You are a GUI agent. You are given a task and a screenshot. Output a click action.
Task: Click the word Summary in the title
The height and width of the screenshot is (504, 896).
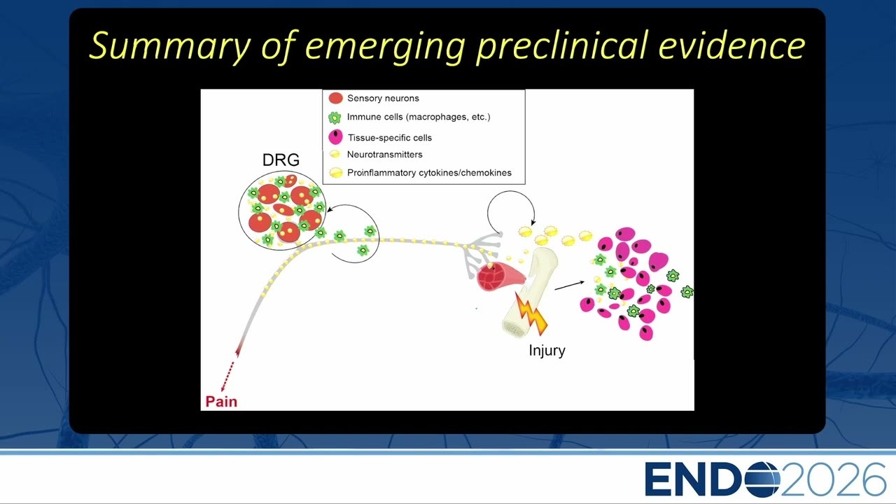[x=170, y=46]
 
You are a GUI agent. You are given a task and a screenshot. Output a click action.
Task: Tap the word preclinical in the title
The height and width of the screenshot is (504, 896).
[x=561, y=45]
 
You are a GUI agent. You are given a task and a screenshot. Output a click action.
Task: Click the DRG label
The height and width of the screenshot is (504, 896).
[x=281, y=160]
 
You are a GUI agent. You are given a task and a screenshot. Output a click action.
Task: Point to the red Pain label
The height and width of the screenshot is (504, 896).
[x=221, y=401]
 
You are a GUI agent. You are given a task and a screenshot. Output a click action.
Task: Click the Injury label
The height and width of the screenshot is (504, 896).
[x=547, y=351]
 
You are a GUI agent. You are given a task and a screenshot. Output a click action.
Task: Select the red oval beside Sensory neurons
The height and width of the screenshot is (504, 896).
[x=335, y=98]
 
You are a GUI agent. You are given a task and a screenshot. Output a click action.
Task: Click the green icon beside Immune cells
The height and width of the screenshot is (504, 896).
[x=335, y=118]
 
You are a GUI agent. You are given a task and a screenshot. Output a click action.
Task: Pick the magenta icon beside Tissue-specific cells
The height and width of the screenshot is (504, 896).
[x=335, y=136]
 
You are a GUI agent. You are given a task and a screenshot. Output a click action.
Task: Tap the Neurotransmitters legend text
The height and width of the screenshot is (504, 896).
[x=384, y=155]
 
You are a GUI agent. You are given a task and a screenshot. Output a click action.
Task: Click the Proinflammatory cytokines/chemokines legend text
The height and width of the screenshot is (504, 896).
[x=429, y=173]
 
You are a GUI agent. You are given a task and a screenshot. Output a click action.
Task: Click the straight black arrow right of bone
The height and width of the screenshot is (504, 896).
[x=569, y=285]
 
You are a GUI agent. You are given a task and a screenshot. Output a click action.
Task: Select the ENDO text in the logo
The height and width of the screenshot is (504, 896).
[x=713, y=479]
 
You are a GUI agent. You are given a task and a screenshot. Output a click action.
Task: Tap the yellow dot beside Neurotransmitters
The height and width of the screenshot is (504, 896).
[x=335, y=155]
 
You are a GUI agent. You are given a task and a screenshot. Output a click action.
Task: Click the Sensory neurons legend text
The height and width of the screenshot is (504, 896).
[x=383, y=99]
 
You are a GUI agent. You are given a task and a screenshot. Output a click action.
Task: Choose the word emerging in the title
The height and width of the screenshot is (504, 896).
[x=385, y=47]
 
